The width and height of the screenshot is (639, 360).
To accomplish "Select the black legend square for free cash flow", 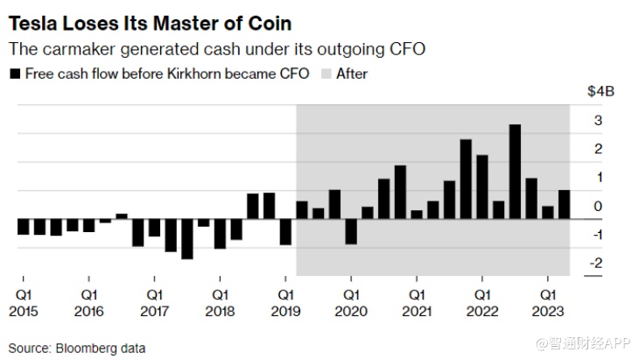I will pos(14,74).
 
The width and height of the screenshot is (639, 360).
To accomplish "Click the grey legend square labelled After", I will pos(326,74).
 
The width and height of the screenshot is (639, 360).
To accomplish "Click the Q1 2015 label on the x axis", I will pos(23,303).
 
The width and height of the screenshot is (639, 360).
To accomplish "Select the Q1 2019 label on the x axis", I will pos(285,303).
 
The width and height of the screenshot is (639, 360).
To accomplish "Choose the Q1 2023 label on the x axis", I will pos(548,303).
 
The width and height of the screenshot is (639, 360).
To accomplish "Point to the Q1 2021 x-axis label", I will pos(417,303).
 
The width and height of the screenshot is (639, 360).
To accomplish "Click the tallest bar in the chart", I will pos(515,172).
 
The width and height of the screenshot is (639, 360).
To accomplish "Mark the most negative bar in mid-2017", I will pos(186,238).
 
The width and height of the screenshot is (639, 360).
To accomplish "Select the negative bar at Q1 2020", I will pos(351,231).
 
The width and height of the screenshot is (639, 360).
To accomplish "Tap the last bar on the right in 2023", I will pos(564,204).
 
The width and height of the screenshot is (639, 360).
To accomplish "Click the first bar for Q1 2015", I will pos(23,227).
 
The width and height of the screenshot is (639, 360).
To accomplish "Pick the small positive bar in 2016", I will pos(121,215).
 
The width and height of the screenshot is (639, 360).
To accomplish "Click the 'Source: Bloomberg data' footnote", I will pos(77,348).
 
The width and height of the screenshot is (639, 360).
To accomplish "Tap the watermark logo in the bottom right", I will pos(549,345).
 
